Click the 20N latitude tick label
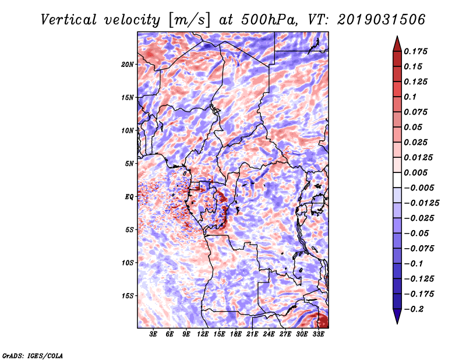pos(128,64)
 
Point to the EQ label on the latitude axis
pos(129,197)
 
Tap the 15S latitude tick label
pos(128,296)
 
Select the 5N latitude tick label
pos(129,164)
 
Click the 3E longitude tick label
pos(153,334)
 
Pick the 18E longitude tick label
pos(236,334)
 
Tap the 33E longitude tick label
pos(318,334)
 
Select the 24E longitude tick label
pos(269,334)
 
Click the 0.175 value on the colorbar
pos(415,51)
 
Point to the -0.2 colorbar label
pos(414,309)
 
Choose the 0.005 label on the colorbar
pos(415,172)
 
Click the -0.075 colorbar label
pos(419,249)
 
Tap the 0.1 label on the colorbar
pos(410,97)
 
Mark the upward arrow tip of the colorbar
pos(397,36)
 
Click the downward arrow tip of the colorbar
pos(397,323)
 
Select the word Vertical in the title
pos(69,20)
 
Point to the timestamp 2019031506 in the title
pos(382,20)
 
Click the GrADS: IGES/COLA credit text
pos(33,356)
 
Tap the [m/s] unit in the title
pos(189,20)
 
